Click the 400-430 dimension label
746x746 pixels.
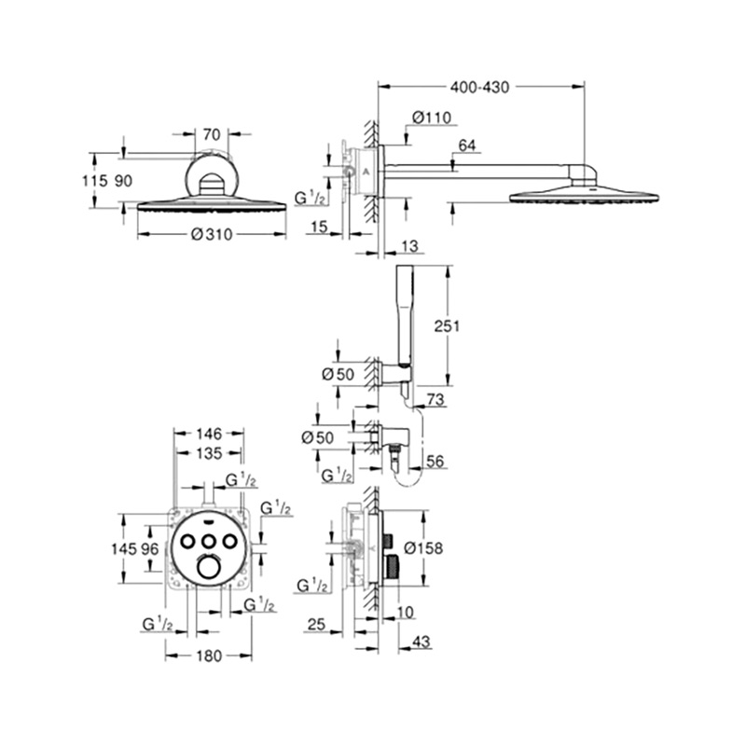click(x=479, y=87)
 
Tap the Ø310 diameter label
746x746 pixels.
click(x=212, y=234)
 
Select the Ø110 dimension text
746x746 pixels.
click(x=432, y=117)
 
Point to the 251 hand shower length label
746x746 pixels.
click(x=447, y=325)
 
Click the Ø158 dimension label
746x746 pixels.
click(x=423, y=548)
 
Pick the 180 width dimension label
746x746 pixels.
click(x=209, y=656)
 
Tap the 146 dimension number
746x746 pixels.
click(x=209, y=434)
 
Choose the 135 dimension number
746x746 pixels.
click(x=209, y=453)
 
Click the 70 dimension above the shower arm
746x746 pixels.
click(x=212, y=134)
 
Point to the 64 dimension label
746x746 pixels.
click(x=467, y=145)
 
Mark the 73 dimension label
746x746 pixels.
click(x=435, y=400)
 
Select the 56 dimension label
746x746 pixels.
click(x=435, y=461)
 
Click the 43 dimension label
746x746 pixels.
click(x=421, y=642)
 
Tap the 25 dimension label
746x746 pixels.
click(x=316, y=624)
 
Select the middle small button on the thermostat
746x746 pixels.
click(x=208, y=541)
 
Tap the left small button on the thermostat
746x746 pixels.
click(x=186, y=541)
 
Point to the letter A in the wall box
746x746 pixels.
click(x=366, y=172)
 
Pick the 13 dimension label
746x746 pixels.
click(x=409, y=245)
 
